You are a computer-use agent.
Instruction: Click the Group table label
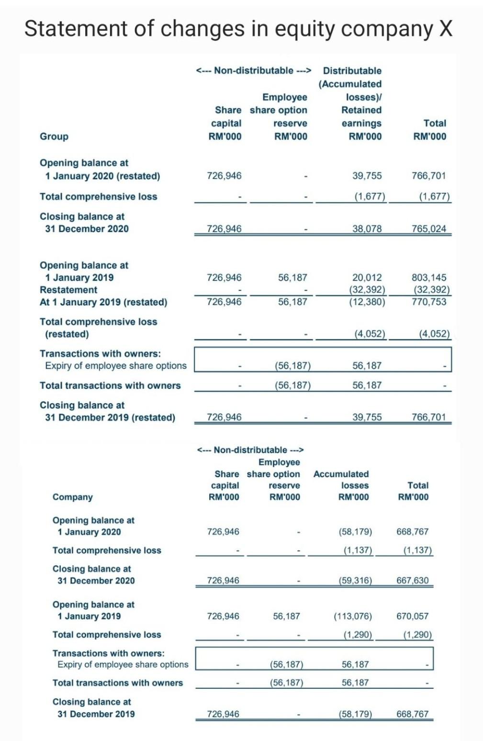pyautogui.click(x=54, y=136)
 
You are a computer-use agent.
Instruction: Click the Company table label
pyautogui.click(x=72, y=497)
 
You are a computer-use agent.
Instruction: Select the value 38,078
pyautogui.click(x=367, y=229)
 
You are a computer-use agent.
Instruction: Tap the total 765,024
pyautogui.click(x=429, y=229)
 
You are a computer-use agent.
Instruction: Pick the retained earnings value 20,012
pyautogui.click(x=367, y=278)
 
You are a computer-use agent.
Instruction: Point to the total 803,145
pyautogui.click(x=429, y=278)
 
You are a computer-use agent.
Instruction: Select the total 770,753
pyautogui.click(x=429, y=302)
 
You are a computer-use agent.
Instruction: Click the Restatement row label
pyautogui.click(x=68, y=290)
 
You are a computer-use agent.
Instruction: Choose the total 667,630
pyautogui.click(x=413, y=581)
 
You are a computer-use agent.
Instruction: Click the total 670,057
pyautogui.click(x=413, y=617)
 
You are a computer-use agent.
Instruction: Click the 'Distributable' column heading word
pyautogui.click(x=352, y=71)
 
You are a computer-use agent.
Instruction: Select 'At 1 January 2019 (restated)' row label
pyautogui.click(x=103, y=303)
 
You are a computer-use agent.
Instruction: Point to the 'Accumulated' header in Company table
pyautogui.click(x=341, y=474)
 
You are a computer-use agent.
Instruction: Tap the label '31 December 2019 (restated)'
pyautogui.click(x=110, y=417)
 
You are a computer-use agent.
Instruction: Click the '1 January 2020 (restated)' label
pyautogui.click(x=102, y=176)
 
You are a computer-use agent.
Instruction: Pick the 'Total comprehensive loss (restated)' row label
pyautogui.click(x=98, y=328)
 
